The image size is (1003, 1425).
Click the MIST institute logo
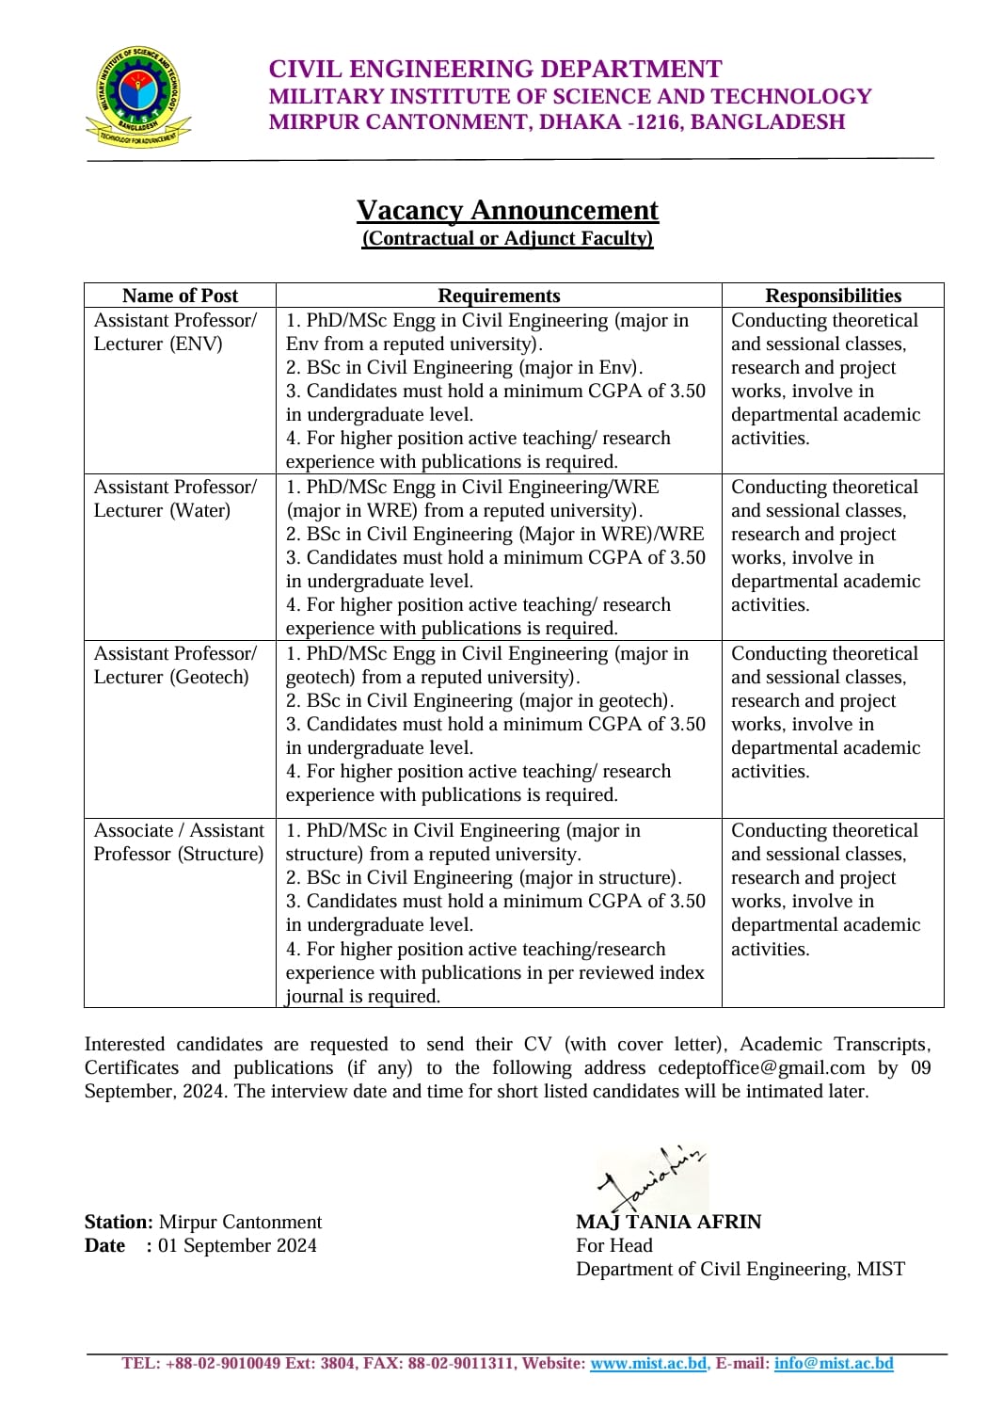coord(138,97)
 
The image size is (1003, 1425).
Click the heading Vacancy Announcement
coord(507,210)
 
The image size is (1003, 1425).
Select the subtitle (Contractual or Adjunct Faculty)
coord(507,238)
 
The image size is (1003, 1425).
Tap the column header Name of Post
coord(180,296)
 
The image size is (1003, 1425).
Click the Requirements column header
coord(499,296)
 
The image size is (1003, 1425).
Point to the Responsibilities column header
coord(833,296)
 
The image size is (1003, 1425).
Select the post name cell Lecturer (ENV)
coord(158,344)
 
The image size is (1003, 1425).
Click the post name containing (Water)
coord(162,510)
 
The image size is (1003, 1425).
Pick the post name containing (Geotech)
coord(171,677)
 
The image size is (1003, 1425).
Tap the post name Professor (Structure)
coord(179,854)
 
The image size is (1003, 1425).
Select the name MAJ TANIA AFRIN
coord(668,1222)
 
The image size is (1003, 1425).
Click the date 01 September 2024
coord(237,1245)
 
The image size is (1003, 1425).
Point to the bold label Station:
coord(119,1222)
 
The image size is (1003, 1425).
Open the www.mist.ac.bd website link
coord(648,1363)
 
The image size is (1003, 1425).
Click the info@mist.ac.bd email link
coord(834,1363)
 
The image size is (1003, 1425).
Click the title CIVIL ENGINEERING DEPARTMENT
coord(495,70)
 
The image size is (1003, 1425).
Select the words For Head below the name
coord(613,1245)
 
